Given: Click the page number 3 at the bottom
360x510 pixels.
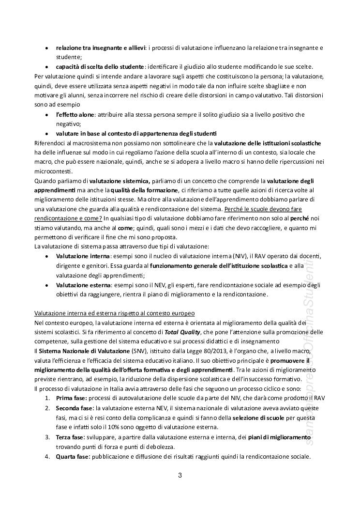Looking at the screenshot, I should point(180,475).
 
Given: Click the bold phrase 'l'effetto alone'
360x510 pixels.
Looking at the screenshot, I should point(74,114).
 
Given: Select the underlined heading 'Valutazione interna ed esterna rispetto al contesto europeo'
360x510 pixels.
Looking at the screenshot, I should point(114,312).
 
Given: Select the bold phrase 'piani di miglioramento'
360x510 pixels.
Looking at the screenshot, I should point(276,437).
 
